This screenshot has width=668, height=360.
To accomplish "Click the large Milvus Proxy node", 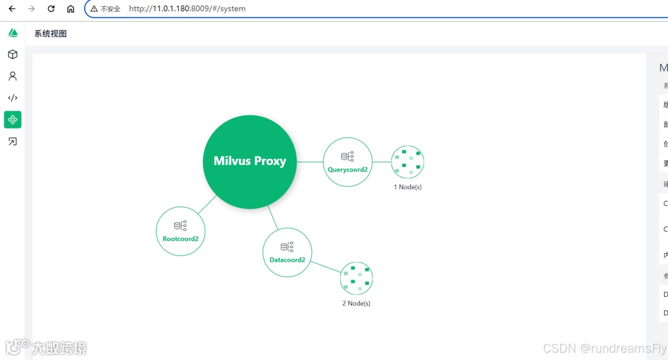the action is (249, 161).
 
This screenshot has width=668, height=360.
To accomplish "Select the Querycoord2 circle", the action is (348, 161).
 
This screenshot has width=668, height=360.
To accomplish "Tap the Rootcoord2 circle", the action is (180, 231).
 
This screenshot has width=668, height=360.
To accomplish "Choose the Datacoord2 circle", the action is (287, 252).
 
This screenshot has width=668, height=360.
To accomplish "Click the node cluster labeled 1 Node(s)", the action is (408, 161).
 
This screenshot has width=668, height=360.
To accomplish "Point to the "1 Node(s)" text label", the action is (408, 187).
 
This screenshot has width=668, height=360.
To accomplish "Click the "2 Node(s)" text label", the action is (356, 304).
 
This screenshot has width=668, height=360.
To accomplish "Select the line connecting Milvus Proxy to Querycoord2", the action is (310, 161).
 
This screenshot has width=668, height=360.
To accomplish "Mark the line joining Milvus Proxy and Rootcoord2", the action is (208, 205).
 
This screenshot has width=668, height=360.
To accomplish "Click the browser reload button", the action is (51, 9).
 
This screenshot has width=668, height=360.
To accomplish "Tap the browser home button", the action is (71, 9).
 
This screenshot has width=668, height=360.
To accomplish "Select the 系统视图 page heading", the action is (51, 34).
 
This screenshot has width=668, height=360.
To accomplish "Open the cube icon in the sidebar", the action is (12, 54).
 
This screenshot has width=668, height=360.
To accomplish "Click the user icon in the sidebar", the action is (12, 76).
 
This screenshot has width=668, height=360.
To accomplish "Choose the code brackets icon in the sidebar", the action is (12, 98).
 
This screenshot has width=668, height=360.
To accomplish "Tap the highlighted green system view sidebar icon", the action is (12, 119).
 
